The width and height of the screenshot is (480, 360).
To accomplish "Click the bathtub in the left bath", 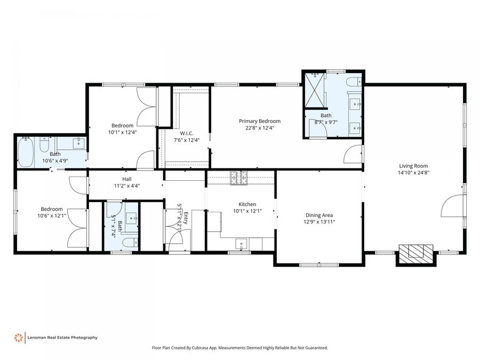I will tap(26, 151).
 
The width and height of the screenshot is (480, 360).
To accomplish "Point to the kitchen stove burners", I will tap(239, 178).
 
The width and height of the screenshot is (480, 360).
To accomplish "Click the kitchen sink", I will tap(242, 244).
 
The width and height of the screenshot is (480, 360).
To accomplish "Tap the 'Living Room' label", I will tap(413, 166).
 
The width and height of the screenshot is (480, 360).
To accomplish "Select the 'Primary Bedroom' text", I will tap(259, 121).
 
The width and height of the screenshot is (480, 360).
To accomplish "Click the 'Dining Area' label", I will tap(319, 215).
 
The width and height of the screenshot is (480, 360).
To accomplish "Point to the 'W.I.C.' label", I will tap(186, 133).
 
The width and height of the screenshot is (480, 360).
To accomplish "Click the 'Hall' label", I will tap(126, 179).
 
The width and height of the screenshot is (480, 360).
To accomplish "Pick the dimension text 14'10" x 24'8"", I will tap(413, 173).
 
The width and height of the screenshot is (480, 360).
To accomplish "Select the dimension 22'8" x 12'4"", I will tap(259, 128).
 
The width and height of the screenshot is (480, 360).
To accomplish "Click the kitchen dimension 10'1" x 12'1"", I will tap(247, 211).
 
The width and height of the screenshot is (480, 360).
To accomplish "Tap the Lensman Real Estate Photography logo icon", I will tap(18, 338).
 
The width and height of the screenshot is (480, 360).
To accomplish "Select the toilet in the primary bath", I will tap(352, 82).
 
